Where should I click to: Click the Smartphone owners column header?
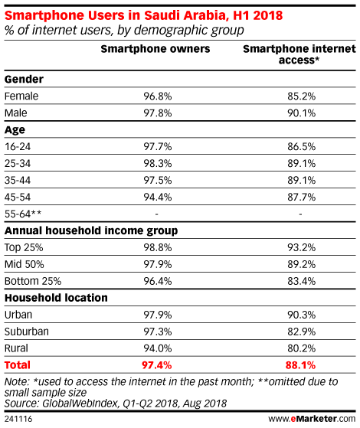[x=155, y=49]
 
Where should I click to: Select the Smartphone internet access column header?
[x=299, y=54]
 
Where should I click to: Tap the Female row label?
[x=21, y=96]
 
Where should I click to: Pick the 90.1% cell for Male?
[x=301, y=113]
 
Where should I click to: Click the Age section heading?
[x=15, y=130]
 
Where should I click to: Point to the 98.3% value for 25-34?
[x=158, y=164]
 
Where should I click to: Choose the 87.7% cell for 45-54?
[x=301, y=197]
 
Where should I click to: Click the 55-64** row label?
[x=23, y=214]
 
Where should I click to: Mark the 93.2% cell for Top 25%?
[x=301, y=247]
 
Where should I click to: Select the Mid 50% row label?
[x=24, y=264]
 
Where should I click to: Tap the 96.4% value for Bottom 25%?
[x=158, y=281]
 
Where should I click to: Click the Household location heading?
[x=56, y=298]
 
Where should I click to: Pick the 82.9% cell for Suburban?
[x=301, y=332]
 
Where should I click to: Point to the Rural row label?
[x=16, y=348]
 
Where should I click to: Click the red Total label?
[x=18, y=365]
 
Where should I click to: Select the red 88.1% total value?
[x=300, y=365]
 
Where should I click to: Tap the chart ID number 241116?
[x=18, y=419]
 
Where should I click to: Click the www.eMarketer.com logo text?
[x=312, y=419]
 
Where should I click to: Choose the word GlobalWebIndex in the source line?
[x=80, y=403]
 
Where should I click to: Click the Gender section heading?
[x=24, y=80]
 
